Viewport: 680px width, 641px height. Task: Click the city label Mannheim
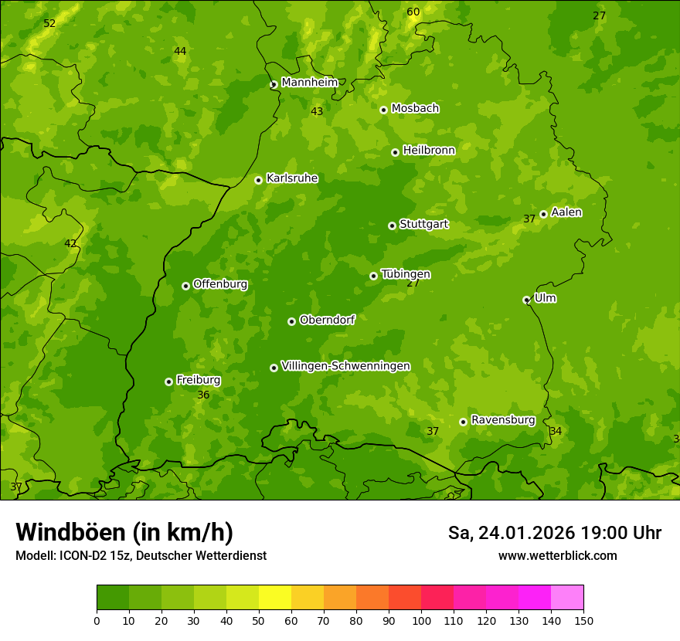309,83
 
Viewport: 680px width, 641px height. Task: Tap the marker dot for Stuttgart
392,226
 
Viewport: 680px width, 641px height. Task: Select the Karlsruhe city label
291,178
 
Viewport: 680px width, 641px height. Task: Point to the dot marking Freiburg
168,382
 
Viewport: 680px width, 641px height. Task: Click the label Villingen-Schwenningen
345,366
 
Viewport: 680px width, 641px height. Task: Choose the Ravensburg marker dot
463,422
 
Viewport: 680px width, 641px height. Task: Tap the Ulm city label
545,298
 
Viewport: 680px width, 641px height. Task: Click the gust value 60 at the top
413,12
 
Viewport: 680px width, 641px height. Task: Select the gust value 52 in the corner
49,23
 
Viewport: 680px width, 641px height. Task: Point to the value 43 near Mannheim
317,111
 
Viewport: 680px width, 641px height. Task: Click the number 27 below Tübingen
413,283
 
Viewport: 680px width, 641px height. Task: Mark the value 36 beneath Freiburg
203,395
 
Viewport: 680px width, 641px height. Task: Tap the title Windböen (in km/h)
124,532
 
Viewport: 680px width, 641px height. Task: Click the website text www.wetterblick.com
557,555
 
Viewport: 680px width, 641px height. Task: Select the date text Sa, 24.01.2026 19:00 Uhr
554,533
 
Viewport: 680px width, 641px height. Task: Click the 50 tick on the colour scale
259,620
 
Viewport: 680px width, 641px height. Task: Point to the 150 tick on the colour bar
583,620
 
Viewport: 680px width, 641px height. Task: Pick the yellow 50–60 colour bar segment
275,598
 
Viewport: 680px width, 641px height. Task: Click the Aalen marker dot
543,214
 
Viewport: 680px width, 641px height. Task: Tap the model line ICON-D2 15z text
141,555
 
